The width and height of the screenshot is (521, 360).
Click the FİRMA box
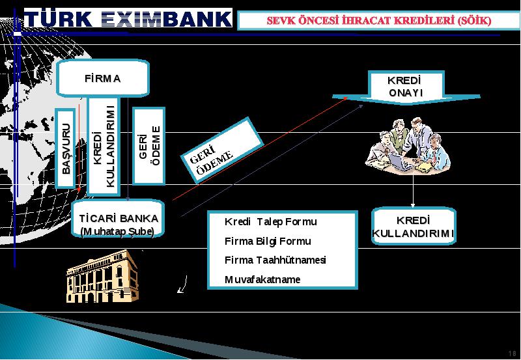click(x=103, y=78)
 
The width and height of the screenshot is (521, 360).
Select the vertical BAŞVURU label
click(x=66, y=148)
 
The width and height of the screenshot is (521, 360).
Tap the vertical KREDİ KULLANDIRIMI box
click(x=104, y=146)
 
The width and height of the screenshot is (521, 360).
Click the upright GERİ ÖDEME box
click(x=149, y=146)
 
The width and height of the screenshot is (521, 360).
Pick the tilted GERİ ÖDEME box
click(x=222, y=150)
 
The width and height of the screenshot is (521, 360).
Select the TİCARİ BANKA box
click(x=118, y=219)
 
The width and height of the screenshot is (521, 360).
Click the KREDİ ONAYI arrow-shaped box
click(x=406, y=87)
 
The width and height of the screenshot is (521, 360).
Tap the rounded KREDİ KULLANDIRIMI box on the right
click(x=414, y=226)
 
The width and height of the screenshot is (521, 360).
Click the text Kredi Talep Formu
click(x=270, y=221)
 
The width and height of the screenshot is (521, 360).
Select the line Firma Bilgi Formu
click(x=268, y=241)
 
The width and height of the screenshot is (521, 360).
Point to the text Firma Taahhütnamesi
click(x=275, y=260)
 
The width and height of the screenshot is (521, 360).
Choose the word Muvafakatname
click(x=262, y=279)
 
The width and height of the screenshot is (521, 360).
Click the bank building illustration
click(x=103, y=276)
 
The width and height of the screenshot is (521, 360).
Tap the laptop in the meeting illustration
click(x=401, y=161)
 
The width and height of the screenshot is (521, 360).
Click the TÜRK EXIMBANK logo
click(x=128, y=18)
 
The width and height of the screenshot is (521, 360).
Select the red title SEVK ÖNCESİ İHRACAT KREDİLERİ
click(x=379, y=21)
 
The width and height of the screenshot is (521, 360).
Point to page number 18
click(x=512, y=353)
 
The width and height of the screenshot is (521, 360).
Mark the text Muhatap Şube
click(x=118, y=232)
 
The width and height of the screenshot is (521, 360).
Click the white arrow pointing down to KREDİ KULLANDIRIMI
click(x=413, y=191)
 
